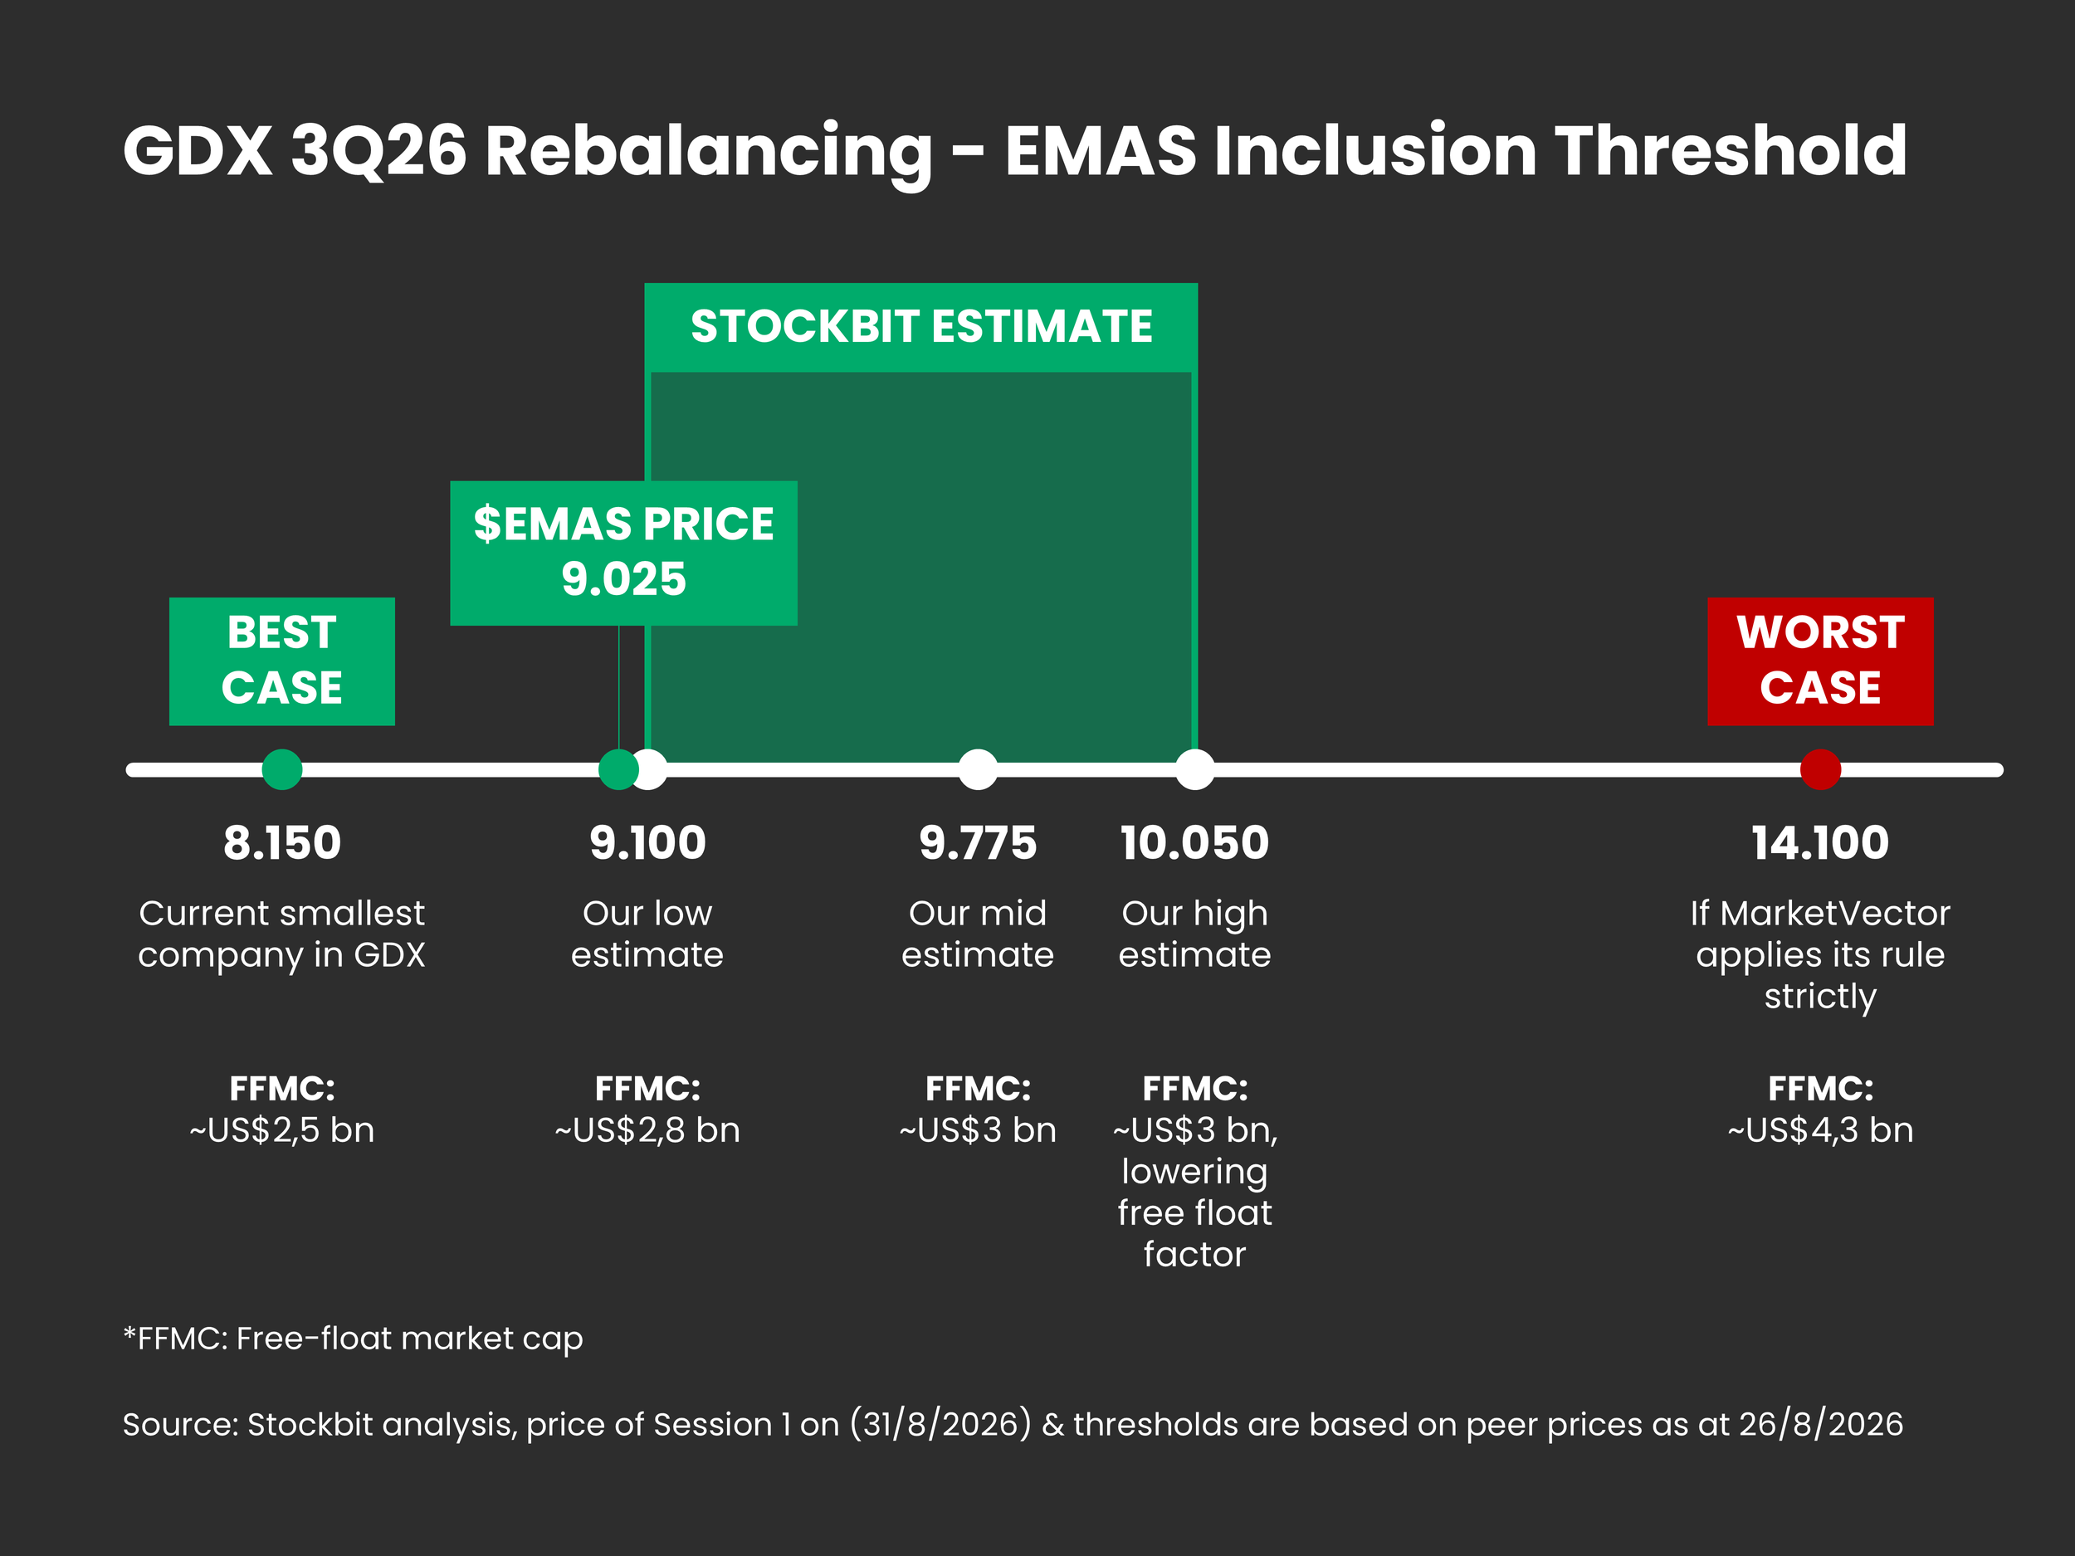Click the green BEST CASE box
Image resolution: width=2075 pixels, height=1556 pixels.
point(281,661)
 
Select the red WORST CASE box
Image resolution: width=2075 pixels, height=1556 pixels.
point(1820,661)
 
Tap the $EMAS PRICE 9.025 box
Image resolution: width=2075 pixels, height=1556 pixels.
point(624,553)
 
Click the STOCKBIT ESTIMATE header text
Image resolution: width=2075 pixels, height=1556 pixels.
point(921,326)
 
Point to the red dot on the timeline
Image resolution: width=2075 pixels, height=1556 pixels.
point(1821,769)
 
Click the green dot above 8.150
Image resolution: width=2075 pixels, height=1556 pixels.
point(282,769)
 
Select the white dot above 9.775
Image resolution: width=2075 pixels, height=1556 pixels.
point(979,769)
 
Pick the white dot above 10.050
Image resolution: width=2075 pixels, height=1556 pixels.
point(1195,769)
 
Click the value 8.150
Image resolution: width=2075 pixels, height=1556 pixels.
point(282,842)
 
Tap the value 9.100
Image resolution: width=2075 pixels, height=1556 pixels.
point(647,842)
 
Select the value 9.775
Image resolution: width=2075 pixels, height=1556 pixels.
point(979,842)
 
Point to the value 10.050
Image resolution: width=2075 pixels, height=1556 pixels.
point(1195,842)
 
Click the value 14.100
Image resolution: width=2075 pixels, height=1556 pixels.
point(1821,842)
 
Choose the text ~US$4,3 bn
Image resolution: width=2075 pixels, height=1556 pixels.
point(1821,1130)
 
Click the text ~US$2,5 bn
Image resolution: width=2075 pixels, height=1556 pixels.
point(282,1130)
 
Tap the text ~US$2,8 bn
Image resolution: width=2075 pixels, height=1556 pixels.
point(647,1130)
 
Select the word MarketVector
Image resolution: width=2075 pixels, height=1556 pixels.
point(1836,913)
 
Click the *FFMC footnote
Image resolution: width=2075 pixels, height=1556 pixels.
point(353,1339)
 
